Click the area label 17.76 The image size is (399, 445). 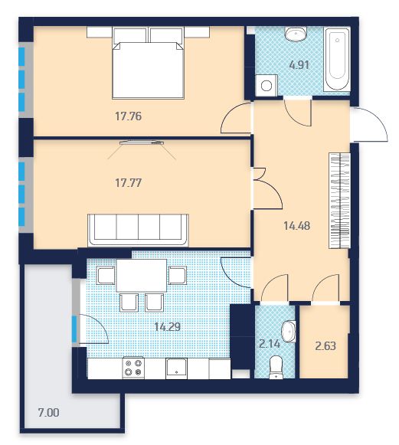coord(128,116)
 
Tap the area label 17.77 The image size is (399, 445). coord(128,183)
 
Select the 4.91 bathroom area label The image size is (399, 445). coord(299,65)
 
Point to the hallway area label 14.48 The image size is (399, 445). coord(297,226)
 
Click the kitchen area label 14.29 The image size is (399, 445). coord(168,326)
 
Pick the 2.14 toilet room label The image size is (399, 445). coord(270,344)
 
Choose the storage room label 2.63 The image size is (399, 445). coord(325,346)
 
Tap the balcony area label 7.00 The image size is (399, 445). coord(48,412)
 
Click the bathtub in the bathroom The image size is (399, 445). coord(337,59)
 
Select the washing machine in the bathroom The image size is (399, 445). coord(267,85)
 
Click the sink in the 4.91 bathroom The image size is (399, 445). coord(296,34)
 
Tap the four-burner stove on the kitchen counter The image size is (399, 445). coord(133,368)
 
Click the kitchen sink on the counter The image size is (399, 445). coord(176,368)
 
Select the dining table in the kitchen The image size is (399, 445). coord(142,275)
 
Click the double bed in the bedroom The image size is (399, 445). coord(148,63)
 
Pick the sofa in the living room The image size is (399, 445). coord(138,231)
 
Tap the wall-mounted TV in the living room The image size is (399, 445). coord(142,142)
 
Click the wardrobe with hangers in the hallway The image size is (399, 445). coord(339,201)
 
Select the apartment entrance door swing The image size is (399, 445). coord(370,124)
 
